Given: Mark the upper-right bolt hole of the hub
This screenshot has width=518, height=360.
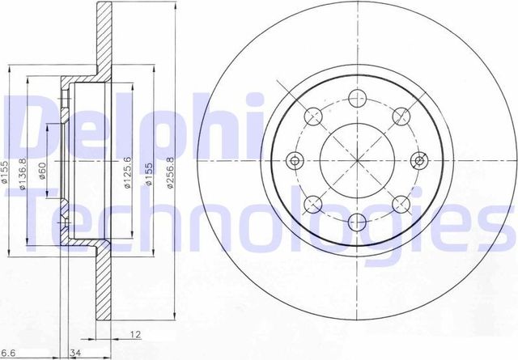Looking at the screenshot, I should (399, 116).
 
